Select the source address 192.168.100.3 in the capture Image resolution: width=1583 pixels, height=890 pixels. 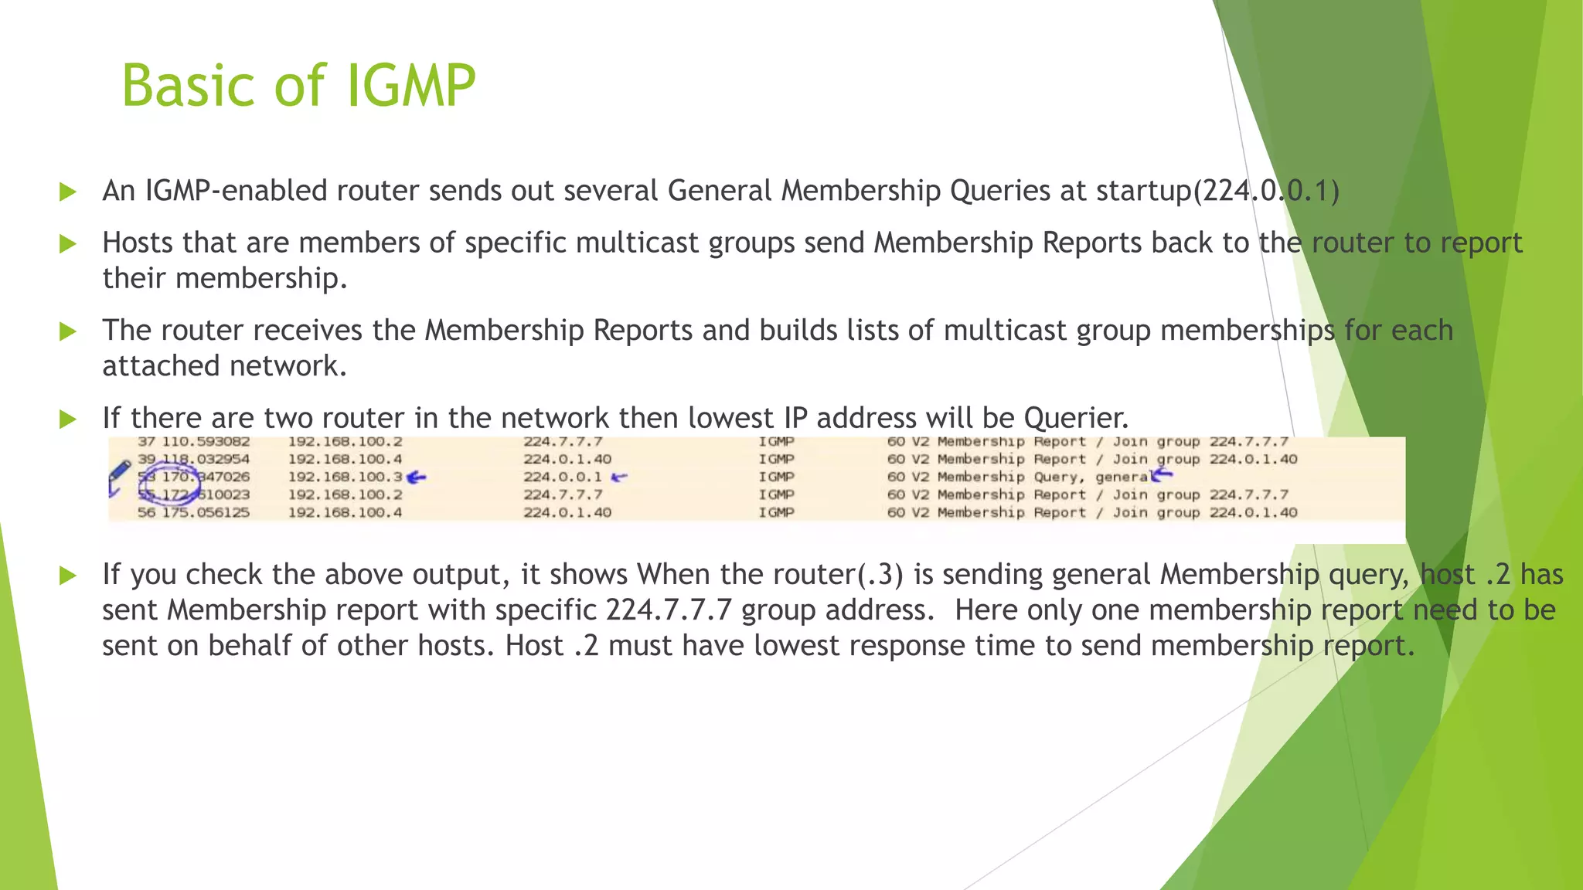click(345, 477)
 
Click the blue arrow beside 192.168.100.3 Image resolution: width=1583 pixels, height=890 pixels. click(417, 477)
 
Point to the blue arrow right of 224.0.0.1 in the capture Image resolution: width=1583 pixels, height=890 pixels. click(619, 477)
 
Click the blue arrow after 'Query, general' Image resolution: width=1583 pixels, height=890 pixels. click(1162, 476)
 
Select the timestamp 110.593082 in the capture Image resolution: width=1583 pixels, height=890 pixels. click(206, 442)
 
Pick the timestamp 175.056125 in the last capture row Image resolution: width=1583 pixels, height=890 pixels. click(206, 512)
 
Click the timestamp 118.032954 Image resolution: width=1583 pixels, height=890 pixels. click(206, 459)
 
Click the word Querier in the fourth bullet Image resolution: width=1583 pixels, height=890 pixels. click(1075, 418)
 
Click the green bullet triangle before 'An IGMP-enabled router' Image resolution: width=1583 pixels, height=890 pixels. click(68, 192)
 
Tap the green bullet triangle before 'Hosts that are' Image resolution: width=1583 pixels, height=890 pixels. click(68, 244)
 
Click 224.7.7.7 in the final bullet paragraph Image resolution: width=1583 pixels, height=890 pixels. click(668, 610)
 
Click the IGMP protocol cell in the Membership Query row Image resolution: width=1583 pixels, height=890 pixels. click(776, 477)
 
